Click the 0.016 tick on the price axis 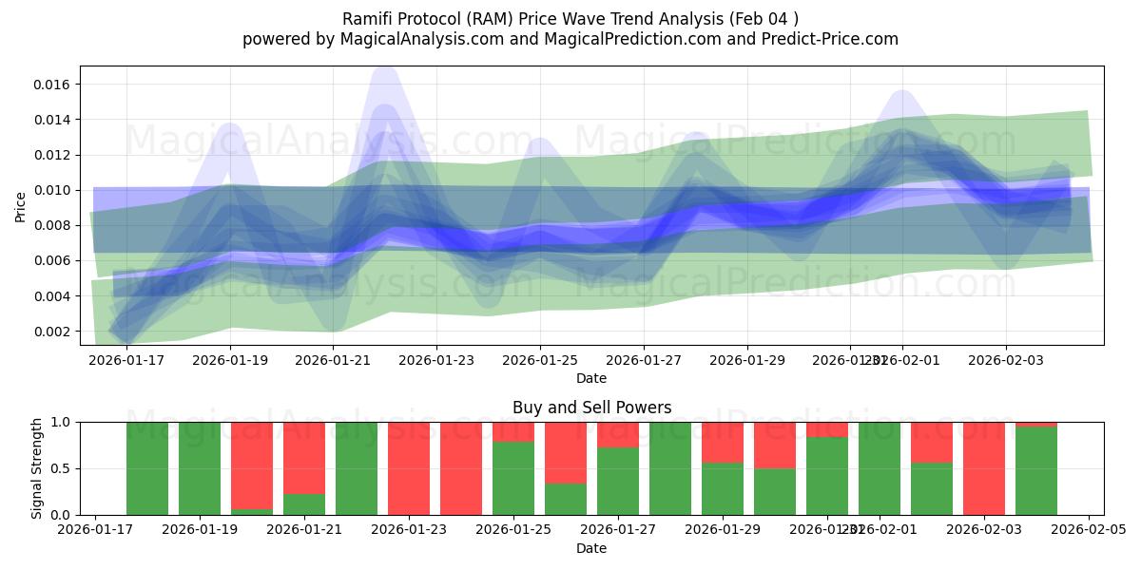point(53,85)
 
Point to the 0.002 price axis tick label point(53,332)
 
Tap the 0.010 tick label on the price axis point(53,190)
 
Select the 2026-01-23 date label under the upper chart point(436,361)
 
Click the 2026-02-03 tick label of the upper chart point(1006,361)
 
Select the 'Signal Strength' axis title point(37,468)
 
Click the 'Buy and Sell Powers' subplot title point(591,408)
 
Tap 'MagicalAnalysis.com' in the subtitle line point(414,39)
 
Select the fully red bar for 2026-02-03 point(984,468)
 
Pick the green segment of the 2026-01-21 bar point(304,504)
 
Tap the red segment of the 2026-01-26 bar point(566,452)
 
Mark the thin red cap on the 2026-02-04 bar point(1036,424)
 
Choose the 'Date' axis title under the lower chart point(591,548)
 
